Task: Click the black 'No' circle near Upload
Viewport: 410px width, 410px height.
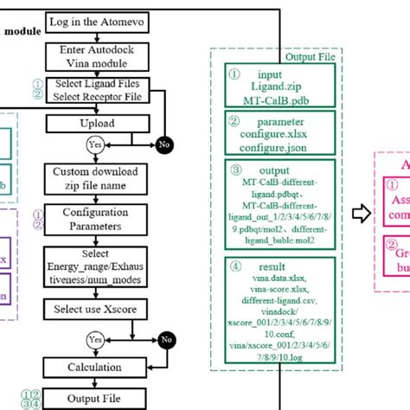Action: click(x=163, y=144)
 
